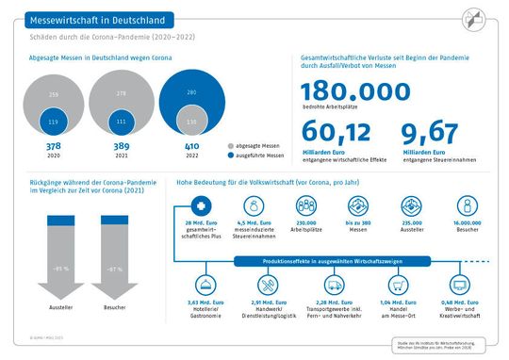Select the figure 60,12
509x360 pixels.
coord(330,135)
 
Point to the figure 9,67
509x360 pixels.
coord(430,135)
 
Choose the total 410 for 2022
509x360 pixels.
coord(193,147)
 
